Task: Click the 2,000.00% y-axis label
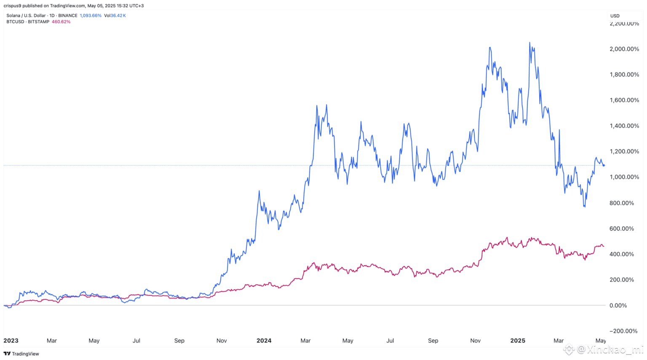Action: (x=624, y=49)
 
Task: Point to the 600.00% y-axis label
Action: (x=621, y=228)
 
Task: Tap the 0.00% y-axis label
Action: (x=618, y=305)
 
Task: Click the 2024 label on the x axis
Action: (x=264, y=341)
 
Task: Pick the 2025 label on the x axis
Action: (x=518, y=341)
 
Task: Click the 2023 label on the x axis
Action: (x=11, y=341)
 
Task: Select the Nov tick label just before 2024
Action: (x=222, y=341)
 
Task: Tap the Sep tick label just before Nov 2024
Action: (x=433, y=341)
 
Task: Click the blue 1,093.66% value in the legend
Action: (x=91, y=16)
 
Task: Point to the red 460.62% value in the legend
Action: (x=61, y=22)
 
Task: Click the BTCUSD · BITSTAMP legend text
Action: (x=28, y=22)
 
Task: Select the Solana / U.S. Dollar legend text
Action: (x=26, y=16)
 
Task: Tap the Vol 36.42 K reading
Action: (x=115, y=16)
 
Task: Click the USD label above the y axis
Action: (x=615, y=16)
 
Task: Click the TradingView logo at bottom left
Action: (x=21, y=354)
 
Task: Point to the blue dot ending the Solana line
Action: (x=604, y=165)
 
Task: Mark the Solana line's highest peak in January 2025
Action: (x=529, y=43)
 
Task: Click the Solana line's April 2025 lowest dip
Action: (x=584, y=207)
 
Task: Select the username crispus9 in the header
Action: (x=12, y=6)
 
